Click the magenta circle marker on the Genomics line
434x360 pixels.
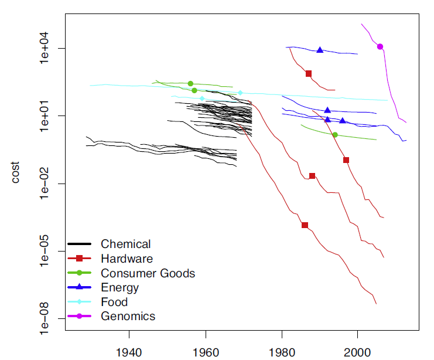380,47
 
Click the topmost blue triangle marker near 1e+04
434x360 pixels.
320,50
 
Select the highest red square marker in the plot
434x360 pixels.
309,73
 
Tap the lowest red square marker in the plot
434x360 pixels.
305,225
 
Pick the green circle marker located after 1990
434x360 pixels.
335,135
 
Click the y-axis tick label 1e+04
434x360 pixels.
49,48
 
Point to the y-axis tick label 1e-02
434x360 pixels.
49,184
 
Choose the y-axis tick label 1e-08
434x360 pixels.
49,319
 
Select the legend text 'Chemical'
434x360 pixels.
125,244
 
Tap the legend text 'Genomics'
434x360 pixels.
128,317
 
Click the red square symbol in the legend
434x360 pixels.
80,259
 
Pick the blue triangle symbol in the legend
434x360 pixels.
80,287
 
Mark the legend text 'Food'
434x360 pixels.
114,303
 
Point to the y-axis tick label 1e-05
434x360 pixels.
49,252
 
